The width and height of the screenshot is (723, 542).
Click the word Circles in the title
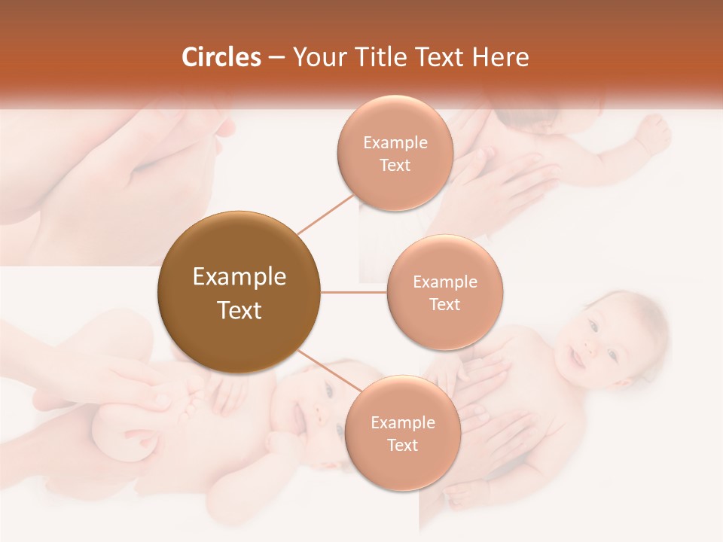click(x=221, y=57)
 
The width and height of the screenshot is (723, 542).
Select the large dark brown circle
click(x=239, y=293)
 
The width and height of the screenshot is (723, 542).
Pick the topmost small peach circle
click(x=395, y=153)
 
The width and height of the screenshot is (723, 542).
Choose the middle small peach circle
click(x=444, y=292)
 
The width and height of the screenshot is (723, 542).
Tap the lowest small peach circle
click(x=402, y=433)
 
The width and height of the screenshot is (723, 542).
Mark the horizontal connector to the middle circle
click(x=354, y=292)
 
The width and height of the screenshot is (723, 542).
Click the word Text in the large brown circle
click(x=239, y=310)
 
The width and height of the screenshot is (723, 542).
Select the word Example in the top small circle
click(x=395, y=143)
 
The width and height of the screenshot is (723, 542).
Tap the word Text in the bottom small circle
click(x=402, y=445)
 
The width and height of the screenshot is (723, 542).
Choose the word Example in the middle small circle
click(x=444, y=282)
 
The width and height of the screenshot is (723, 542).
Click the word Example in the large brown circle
click(x=239, y=277)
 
